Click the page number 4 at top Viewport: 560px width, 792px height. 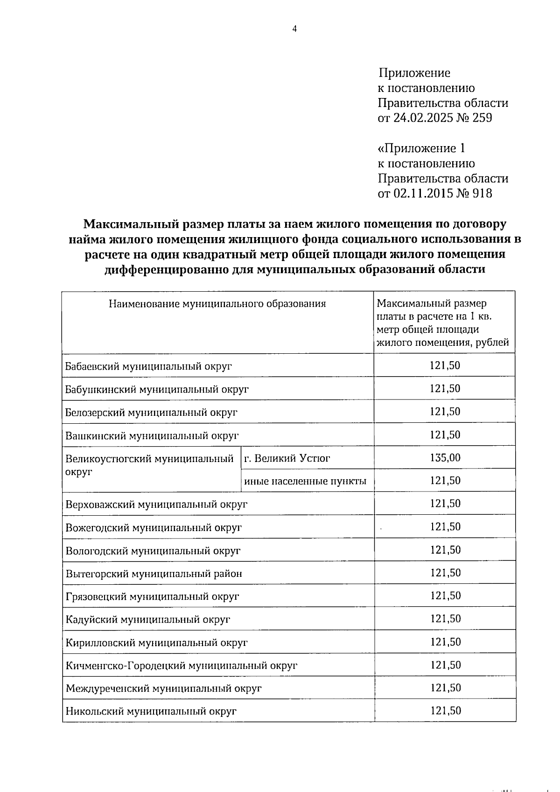click(294, 29)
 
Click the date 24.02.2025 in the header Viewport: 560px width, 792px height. click(424, 118)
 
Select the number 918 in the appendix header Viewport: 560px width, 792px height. click(482, 193)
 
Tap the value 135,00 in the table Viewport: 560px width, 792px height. click(445, 458)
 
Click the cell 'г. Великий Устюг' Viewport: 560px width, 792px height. click(287, 458)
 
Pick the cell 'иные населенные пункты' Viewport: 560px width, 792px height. click(305, 481)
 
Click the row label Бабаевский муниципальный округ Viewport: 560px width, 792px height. click(148, 366)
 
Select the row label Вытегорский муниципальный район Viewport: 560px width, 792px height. click(154, 574)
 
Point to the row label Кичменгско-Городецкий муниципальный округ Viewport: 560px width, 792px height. click(181, 666)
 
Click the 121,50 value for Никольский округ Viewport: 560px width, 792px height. click(445, 711)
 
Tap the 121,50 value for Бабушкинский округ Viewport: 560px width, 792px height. click(445, 389)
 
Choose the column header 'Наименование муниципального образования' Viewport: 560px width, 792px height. click(217, 304)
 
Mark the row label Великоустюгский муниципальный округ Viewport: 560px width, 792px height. click(149, 464)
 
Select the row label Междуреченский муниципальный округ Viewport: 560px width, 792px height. click(163, 688)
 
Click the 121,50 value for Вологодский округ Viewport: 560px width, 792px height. click(445, 550)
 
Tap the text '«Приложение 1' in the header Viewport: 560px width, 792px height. click(421, 148)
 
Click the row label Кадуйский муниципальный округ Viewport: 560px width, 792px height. click(148, 620)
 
